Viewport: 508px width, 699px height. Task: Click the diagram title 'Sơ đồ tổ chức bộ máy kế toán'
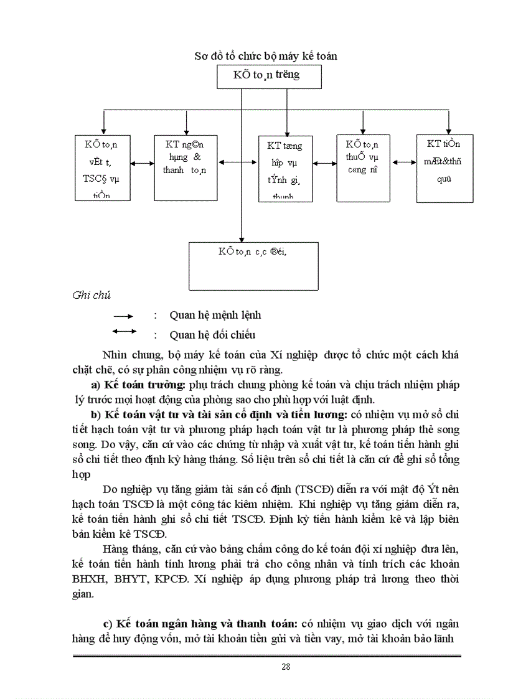(266, 56)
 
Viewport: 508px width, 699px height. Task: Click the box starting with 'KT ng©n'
(186, 165)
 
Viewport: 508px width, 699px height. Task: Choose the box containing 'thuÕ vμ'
(363, 167)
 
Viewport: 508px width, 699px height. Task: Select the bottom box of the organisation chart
(253, 266)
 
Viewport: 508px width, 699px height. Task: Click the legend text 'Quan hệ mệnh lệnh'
(215, 316)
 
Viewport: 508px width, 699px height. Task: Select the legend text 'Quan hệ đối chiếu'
(212, 335)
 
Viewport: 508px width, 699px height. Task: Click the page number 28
(286, 667)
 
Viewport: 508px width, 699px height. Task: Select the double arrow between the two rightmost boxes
(403, 162)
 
